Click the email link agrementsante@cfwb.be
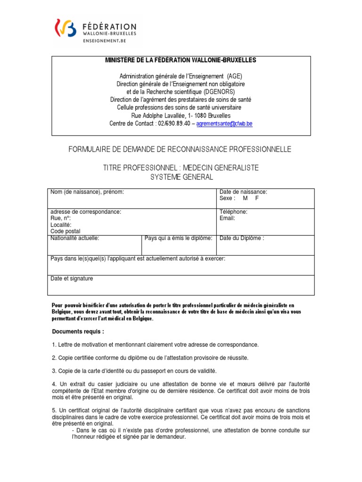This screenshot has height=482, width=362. tap(224, 124)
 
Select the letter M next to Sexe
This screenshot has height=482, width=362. tap(245, 198)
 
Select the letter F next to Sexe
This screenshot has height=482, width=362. tap(257, 198)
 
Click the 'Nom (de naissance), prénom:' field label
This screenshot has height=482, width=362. tap(87, 192)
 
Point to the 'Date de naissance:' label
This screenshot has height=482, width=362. tap(243, 192)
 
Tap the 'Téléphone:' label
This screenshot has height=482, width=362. tap(233, 212)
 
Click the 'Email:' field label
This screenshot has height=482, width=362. tap(227, 218)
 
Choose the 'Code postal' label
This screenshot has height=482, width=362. tap(66, 231)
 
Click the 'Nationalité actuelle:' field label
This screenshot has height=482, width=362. tap(75, 238)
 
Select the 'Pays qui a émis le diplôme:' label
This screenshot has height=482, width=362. tap(179, 238)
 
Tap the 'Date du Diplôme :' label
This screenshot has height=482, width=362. tap(242, 238)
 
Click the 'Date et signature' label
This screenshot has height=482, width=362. tap(72, 279)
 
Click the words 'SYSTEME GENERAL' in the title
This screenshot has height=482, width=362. tap(181, 177)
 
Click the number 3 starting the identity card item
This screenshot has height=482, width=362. tap(54, 371)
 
